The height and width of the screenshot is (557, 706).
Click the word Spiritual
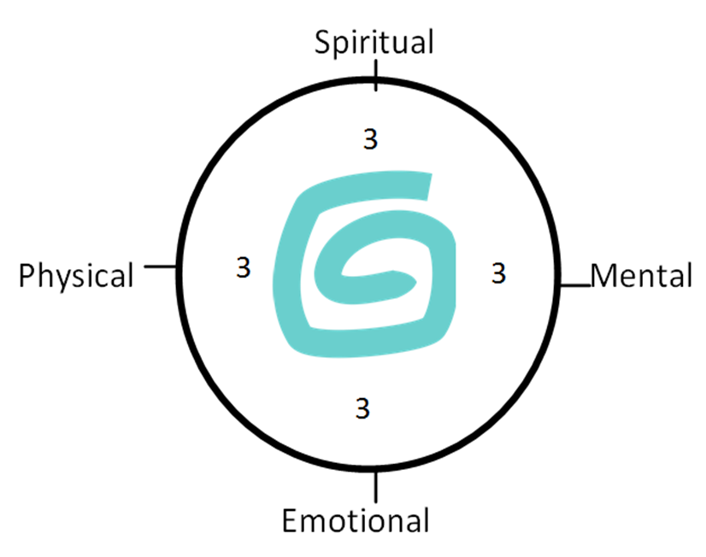coord(374,42)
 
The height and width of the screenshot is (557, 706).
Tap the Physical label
coord(77,276)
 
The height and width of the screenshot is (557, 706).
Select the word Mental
coord(641,276)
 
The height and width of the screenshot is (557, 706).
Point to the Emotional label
coord(356,519)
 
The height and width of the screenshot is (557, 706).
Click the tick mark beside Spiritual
coord(375,81)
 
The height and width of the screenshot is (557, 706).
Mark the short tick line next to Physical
coord(160,267)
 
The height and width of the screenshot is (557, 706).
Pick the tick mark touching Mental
coord(575,284)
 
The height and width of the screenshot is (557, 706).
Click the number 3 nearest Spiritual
coord(369,139)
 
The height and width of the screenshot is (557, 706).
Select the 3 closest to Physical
coord(244,267)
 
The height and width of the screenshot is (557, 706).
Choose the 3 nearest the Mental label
coord(499,273)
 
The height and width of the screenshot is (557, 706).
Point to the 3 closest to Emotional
coord(362,407)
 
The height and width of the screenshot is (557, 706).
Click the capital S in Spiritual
coord(323,42)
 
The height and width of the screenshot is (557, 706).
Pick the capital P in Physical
coord(26,275)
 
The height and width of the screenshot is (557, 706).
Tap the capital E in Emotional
coord(291,519)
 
